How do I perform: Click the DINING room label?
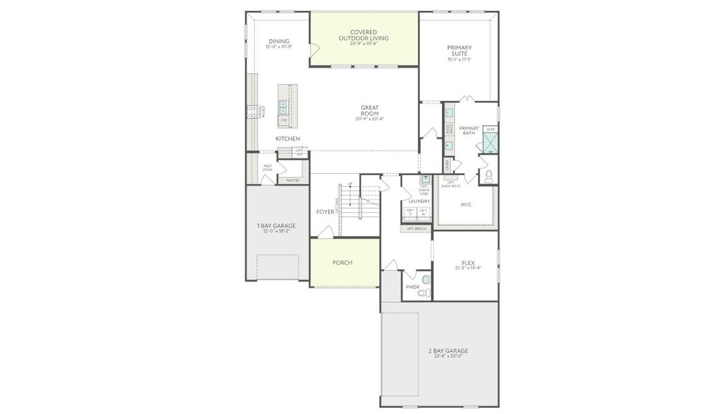click(x=279, y=41)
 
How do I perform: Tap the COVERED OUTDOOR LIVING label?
click(x=363, y=34)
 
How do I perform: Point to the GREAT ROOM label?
click(x=369, y=110)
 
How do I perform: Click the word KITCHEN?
click(x=287, y=139)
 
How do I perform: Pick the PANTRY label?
click(x=293, y=180)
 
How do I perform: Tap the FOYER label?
click(x=325, y=212)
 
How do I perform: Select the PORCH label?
click(x=343, y=263)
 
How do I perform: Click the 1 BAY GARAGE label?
click(x=276, y=226)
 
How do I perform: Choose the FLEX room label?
click(x=468, y=264)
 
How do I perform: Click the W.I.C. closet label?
click(x=466, y=204)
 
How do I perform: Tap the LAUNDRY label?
click(x=419, y=201)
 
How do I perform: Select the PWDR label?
click(x=413, y=286)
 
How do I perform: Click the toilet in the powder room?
click(x=425, y=281)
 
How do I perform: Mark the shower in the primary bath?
click(x=490, y=142)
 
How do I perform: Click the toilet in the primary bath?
click(x=490, y=177)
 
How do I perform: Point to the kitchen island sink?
click(x=283, y=107)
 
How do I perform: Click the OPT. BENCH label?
click(x=416, y=228)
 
